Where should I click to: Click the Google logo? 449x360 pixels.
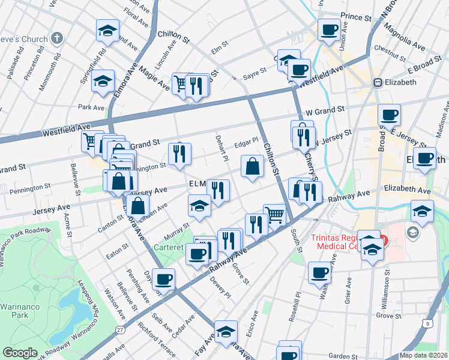[x=20, y=353]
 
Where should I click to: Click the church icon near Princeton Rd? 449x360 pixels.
[x=57, y=38]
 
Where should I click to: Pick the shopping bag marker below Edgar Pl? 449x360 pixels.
[x=253, y=166]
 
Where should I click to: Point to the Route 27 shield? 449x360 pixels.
[x=121, y=330]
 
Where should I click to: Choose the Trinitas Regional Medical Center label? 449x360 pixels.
[x=345, y=242]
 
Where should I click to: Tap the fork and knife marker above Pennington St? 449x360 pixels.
[x=179, y=154]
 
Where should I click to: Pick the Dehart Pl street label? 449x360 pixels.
[x=221, y=147]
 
